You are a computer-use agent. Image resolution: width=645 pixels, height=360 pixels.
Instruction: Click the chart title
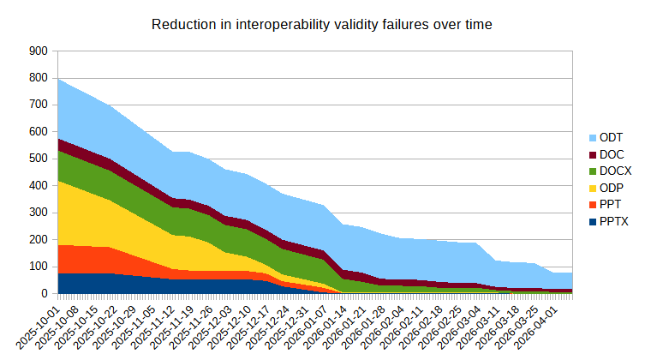pos(321,24)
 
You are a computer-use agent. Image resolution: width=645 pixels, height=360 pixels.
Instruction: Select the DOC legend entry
pos(611,154)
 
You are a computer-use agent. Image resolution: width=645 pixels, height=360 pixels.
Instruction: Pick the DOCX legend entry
pos(614,171)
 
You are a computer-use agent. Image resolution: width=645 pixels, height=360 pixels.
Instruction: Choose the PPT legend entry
pos(611,205)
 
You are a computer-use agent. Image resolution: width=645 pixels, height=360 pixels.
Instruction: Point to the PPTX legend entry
pos(614,221)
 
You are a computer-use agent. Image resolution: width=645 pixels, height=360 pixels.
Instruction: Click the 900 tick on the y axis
pos(37,51)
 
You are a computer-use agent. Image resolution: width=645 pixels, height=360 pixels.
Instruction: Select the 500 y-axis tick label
pos(37,159)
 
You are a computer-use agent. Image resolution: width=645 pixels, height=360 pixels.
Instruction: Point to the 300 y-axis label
pos(37,213)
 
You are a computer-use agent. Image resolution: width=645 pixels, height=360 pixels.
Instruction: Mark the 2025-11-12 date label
pos(157,323)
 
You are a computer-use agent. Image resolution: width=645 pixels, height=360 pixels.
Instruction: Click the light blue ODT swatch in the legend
pos(593,138)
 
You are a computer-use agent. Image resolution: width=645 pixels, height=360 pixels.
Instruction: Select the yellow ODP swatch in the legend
pos(593,188)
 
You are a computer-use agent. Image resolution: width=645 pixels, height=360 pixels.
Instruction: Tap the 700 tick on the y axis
pos(37,105)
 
